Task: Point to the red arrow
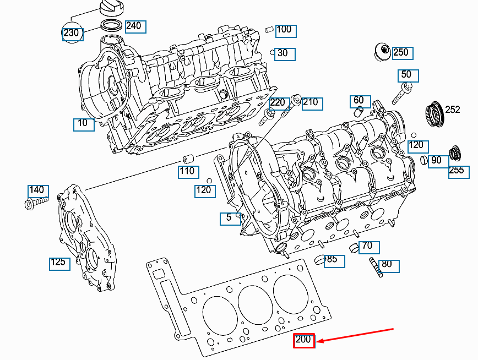pyautogui.click(x=355, y=335)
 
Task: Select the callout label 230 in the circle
pyautogui.click(x=72, y=33)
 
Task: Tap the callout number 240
pyautogui.click(x=133, y=26)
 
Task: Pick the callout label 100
pyautogui.click(x=284, y=30)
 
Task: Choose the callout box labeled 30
pyautogui.click(x=283, y=53)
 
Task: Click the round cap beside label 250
pyautogui.click(x=381, y=52)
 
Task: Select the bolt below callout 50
pyautogui.click(x=401, y=94)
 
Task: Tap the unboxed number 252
pyautogui.click(x=452, y=110)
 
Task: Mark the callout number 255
pyautogui.click(x=457, y=170)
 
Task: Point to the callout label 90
pyautogui.click(x=436, y=161)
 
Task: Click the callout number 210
pyautogui.click(x=311, y=102)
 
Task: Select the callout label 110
pyautogui.click(x=187, y=171)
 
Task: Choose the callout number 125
pyautogui.click(x=58, y=262)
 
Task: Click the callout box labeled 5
pyautogui.click(x=229, y=218)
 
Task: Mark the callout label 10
pyautogui.click(x=83, y=123)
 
